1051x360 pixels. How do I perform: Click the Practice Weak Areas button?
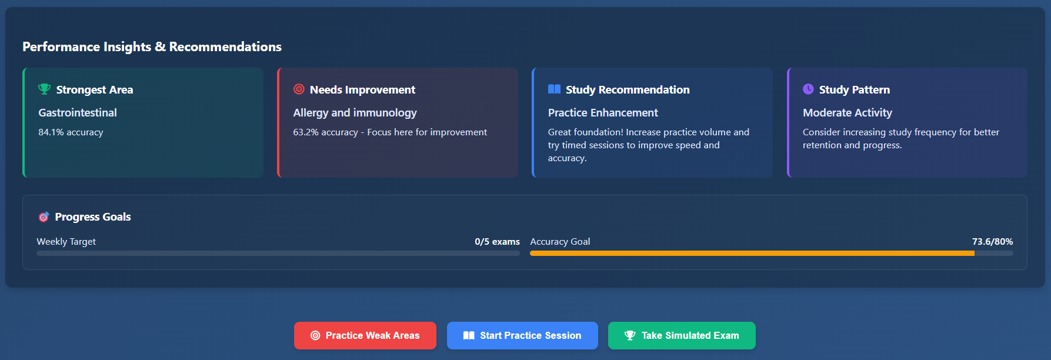(x=365, y=335)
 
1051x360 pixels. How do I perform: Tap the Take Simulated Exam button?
(x=682, y=335)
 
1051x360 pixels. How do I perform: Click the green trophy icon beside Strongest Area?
(x=44, y=89)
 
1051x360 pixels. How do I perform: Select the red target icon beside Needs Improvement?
(x=299, y=89)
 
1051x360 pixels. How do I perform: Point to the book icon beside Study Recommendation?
(x=554, y=89)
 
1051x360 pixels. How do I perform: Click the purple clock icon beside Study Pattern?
(x=808, y=89)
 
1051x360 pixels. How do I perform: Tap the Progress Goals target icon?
(x=44, y=217)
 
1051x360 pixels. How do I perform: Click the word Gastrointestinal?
(x=78, y=112)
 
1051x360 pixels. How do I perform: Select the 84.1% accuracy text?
(x=71, y=132)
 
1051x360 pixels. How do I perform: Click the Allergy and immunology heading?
(x=355, y=112)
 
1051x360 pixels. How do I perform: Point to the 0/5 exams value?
(x=497, y=242)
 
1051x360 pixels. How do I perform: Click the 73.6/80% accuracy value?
(x=992, y=242)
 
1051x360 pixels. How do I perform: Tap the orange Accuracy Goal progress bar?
(x=752, y=254)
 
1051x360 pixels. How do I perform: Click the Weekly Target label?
(x=66, y=242)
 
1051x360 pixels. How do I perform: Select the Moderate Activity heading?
(x=847, y=112)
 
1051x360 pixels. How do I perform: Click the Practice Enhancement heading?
(x=603, y=112)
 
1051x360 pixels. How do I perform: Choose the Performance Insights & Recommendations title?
(x=152, y=46)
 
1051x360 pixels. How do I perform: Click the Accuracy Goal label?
(x=560, y=242)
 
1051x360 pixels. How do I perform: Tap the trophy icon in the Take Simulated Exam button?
(x=630, y=335)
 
